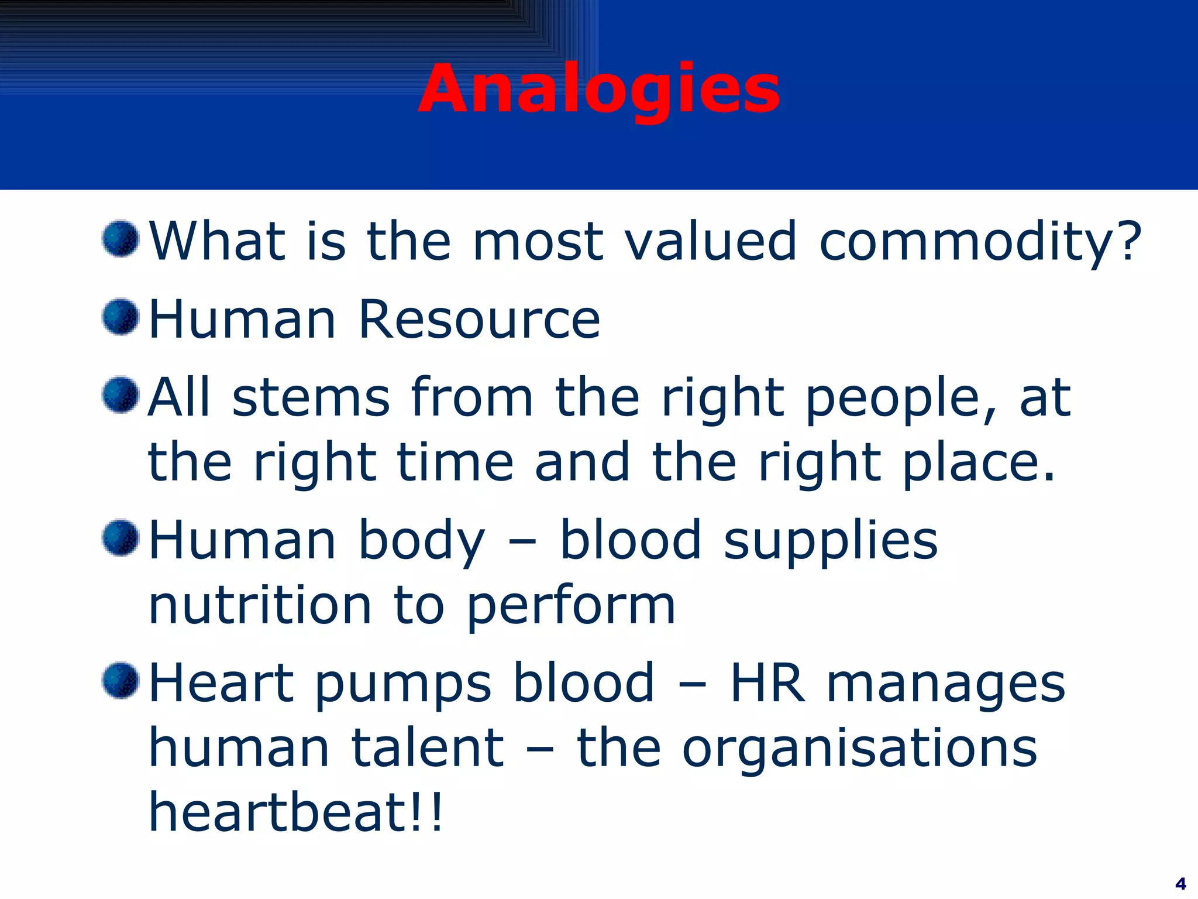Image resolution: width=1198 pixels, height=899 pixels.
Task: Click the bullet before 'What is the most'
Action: [121, 239]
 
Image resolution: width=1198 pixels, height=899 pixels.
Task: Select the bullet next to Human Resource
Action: [121, 317]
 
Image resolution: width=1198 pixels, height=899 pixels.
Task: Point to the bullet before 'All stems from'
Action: [121, 395]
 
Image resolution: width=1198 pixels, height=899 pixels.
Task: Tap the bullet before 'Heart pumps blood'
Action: [121, 680]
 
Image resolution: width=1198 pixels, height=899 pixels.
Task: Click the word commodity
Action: [980, 241]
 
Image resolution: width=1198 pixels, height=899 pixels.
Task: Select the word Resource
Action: [479, 320]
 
